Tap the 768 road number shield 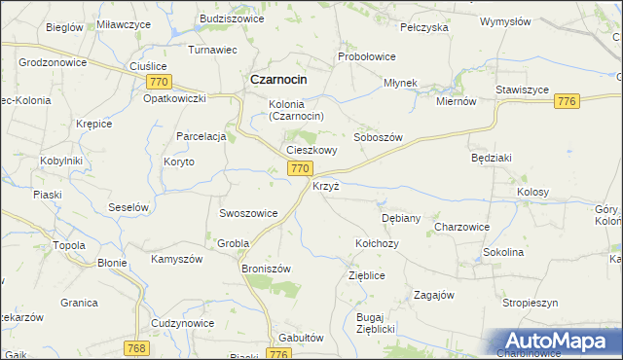click(x=137, y=347)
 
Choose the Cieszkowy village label click(x=311, y=150)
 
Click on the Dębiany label click(x=401, y=218)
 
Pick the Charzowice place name click(x=461, y=227)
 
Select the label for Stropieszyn click(x=530, y=304)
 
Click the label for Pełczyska click(x=423, y=27)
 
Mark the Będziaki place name click(x=491, y=157)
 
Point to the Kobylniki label click(x=60, y=161)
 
